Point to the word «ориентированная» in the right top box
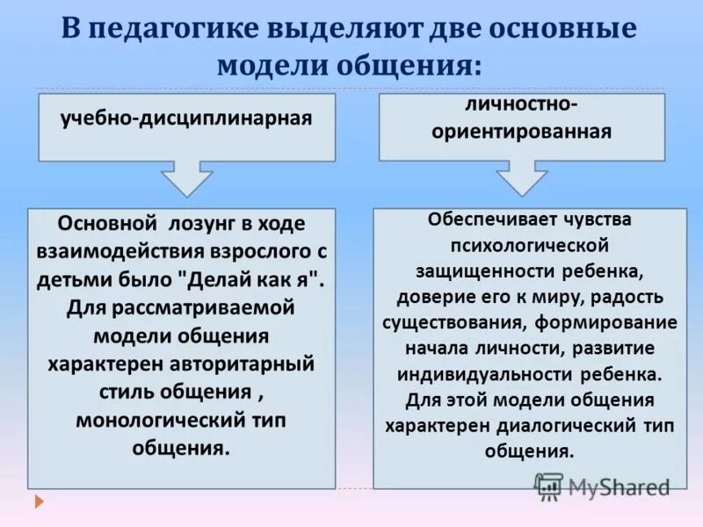(x=522, y=133)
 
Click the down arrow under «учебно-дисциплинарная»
(x=186, y=179)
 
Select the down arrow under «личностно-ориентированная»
(x=522, y=179)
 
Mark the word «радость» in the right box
(x=627, y=296)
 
